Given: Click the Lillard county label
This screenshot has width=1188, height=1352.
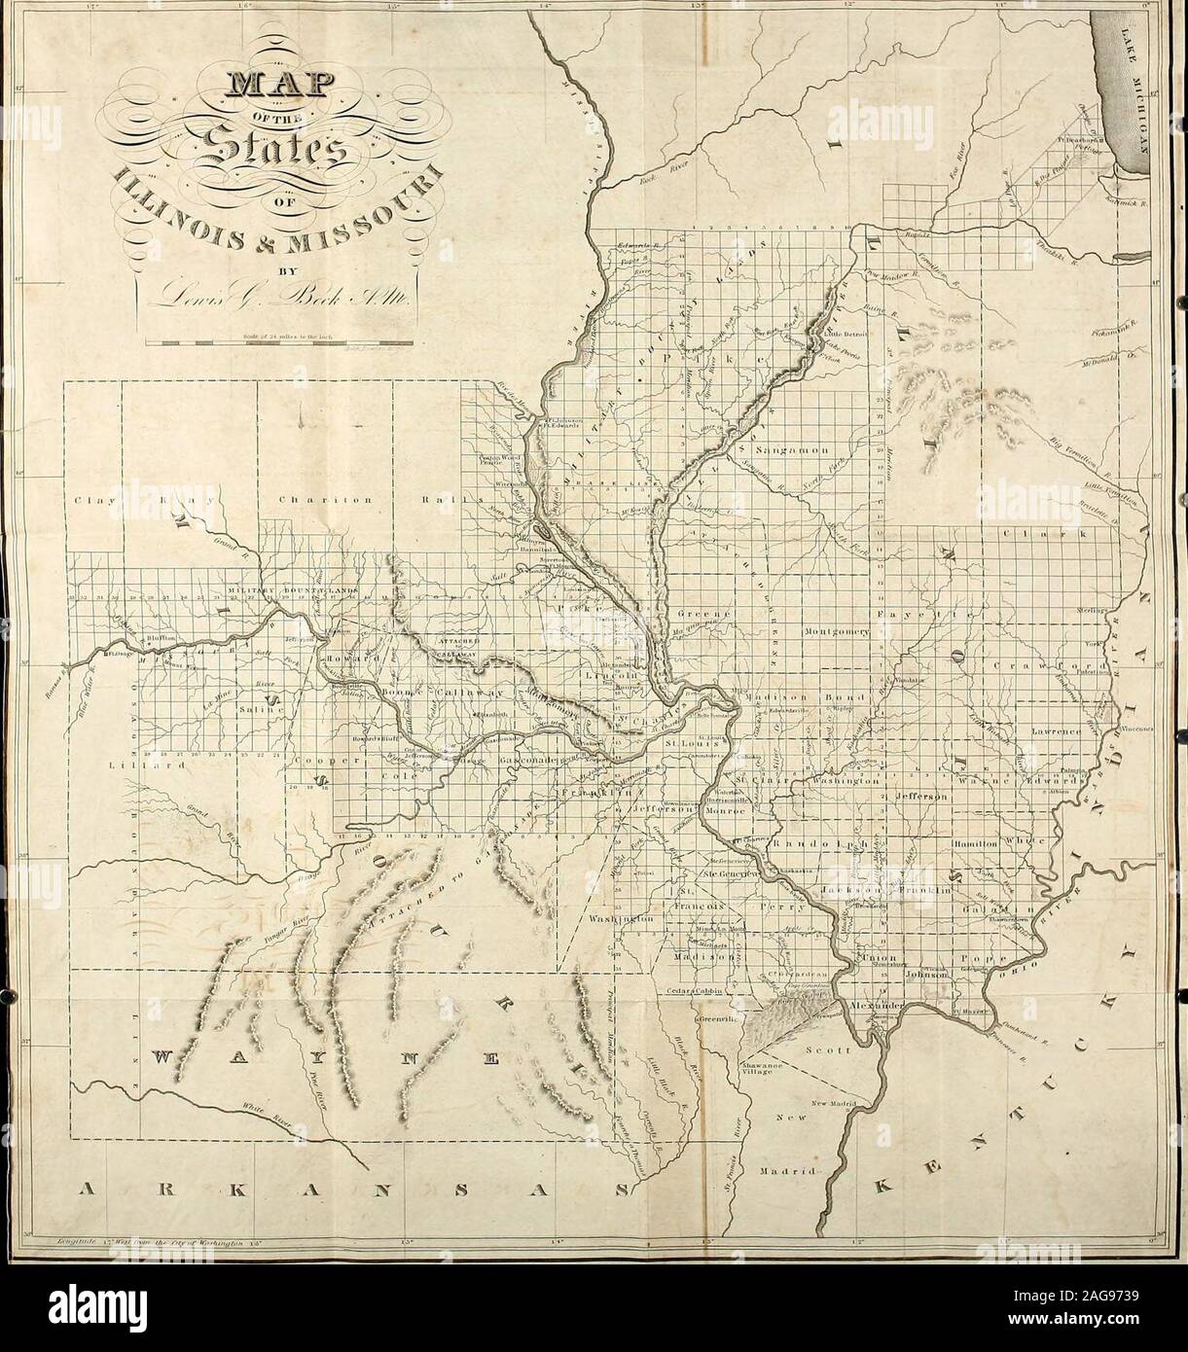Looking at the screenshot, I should [106, 768].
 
